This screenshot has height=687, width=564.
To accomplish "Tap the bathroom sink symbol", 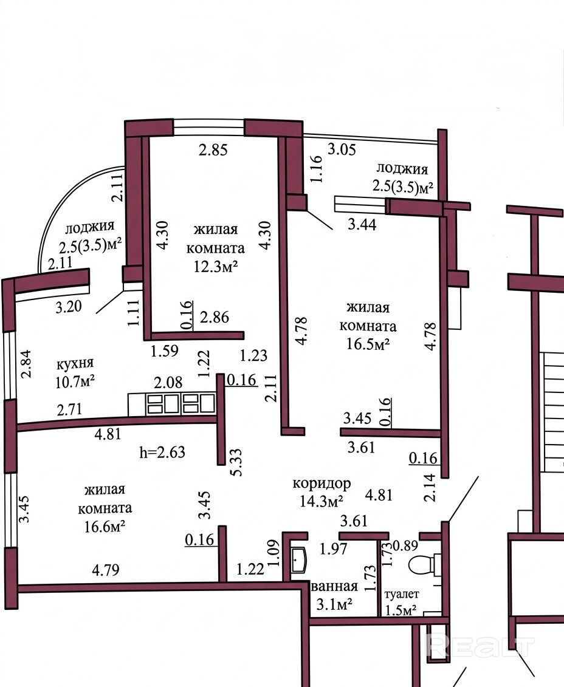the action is pos(300,560).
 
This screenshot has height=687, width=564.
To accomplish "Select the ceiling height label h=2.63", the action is pos(163,452).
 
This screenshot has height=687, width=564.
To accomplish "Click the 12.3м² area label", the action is pos(216,267).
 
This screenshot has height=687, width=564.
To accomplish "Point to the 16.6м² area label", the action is pos(105,525).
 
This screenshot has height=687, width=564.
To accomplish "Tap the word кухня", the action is pos(75,364).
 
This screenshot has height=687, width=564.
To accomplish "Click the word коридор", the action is pos(322,484).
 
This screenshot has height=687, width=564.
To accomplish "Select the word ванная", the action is pos(334,586).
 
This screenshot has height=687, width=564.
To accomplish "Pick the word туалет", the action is pos(401,594).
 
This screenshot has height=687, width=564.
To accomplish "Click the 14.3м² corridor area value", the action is pos(322,501).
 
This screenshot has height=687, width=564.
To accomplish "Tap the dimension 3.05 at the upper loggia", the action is pos(342,149).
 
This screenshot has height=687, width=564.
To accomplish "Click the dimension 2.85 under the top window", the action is pos(213,150).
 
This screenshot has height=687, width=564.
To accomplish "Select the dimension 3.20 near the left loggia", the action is pos(69,306).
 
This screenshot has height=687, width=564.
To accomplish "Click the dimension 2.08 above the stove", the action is pos(168,382).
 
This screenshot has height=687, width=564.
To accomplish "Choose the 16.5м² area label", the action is pos(368,345).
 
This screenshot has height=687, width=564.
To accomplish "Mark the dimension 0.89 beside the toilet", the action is pos(405,545).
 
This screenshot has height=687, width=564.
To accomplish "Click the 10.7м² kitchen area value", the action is pos(75,382).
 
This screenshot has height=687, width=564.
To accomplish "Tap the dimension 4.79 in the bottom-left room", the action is pos(106,570).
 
